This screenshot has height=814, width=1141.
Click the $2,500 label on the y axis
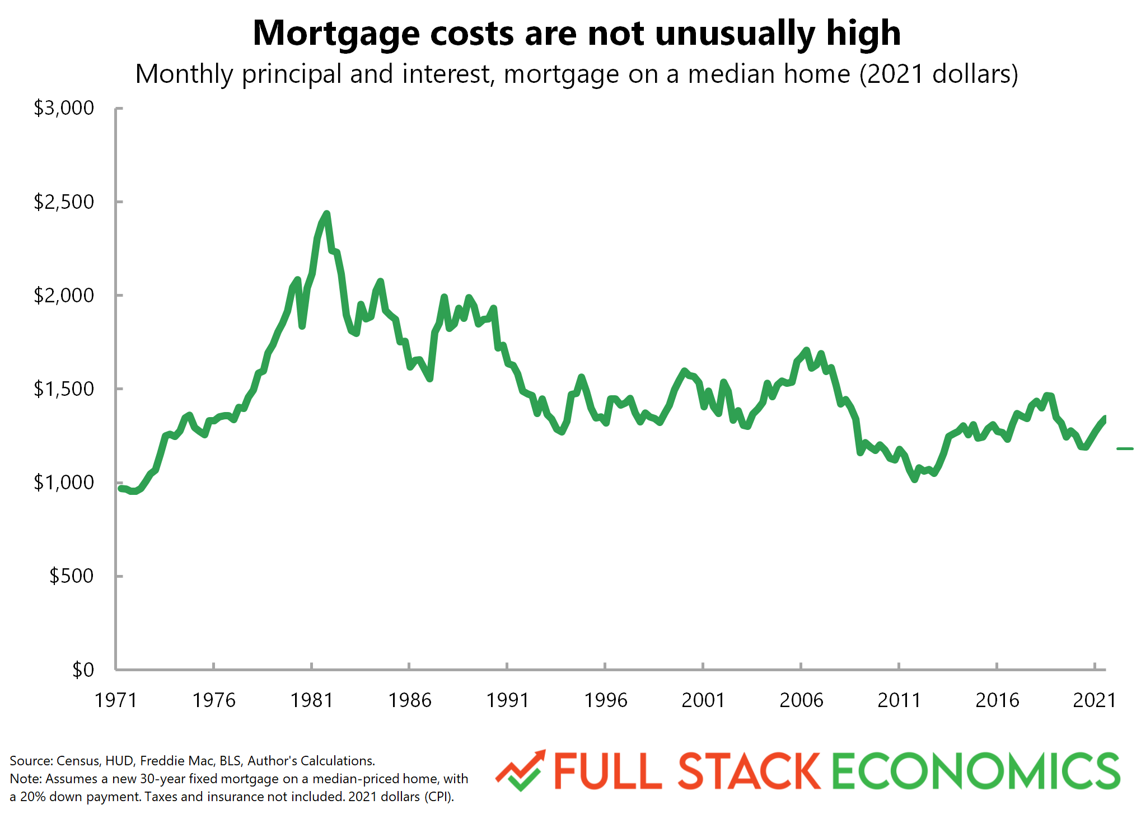(x=64, y=202)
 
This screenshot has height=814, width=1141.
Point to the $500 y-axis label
(x=71, y=576)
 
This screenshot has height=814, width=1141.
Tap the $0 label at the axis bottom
(x=83, y=670)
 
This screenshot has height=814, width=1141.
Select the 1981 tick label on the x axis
(x=311, y=700)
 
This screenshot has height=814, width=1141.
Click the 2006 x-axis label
(x=801, y=700)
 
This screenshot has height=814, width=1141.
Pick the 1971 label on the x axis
(x=116, y=700)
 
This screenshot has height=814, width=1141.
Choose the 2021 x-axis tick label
(x=1095, y=700)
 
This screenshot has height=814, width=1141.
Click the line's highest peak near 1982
(x=327, y=213)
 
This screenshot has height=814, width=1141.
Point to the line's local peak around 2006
(x=806, y=350)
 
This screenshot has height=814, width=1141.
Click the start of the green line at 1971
(x=120, y=488)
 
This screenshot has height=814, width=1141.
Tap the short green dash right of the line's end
(x=1125, y=448)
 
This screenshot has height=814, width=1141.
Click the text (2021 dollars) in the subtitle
(x=939, y=74)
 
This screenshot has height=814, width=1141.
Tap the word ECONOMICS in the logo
(x=976, y=771)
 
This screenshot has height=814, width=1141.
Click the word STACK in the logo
(x=749, y=771)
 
